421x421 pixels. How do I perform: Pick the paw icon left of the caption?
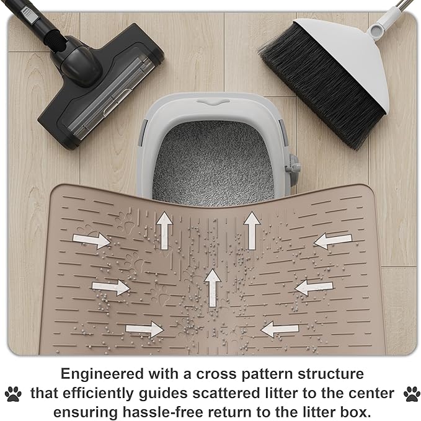coord(13,393)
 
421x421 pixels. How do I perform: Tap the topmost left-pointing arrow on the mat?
coord(333,241)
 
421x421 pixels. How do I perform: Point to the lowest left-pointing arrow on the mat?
coord(281,329)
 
